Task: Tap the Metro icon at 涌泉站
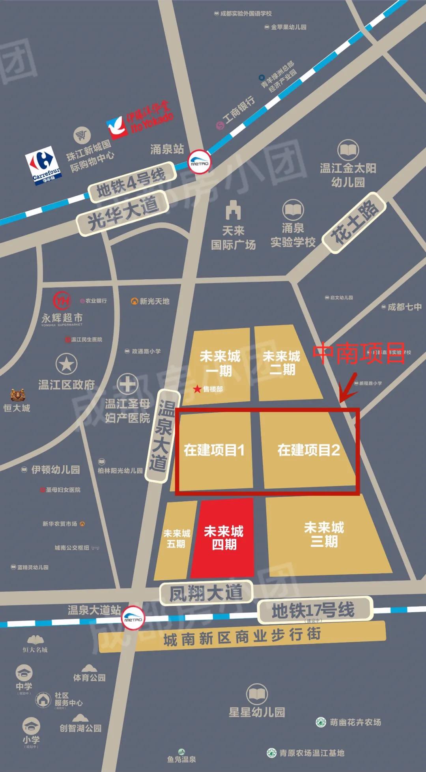point(199,162)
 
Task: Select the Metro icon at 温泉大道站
point(133,618)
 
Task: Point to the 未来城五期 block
point(176,539)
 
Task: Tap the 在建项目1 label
point(214,450)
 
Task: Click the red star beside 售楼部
point(197,389)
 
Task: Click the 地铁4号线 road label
point(131,182)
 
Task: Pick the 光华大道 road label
point(123,213)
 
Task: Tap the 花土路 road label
point(354,222)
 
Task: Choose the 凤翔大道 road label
point(206,593)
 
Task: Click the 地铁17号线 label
point(314,609)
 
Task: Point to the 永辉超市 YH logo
point(62,301)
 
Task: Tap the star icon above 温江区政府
point(66,364)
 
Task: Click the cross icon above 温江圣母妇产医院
point(127,384)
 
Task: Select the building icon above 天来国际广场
point(233,210)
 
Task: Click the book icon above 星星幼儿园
point(257,694)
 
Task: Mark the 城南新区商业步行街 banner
point(242,636)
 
